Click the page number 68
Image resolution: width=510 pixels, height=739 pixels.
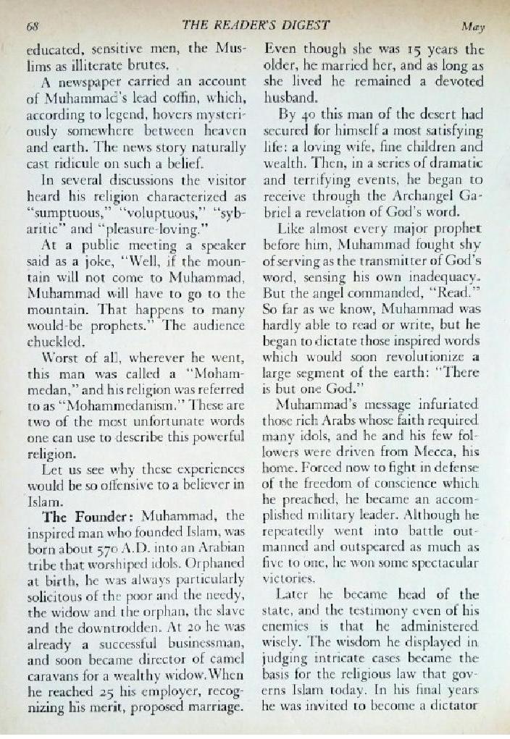pos(33,27)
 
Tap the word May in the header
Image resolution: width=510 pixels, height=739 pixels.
pos(472,28)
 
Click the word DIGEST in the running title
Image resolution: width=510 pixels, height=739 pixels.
pos(300,25)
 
